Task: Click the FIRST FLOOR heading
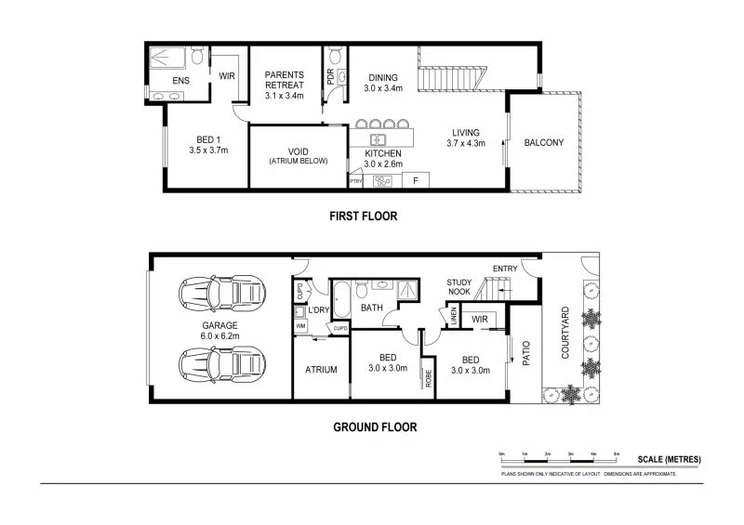[363, 217]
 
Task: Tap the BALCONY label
[544, 142]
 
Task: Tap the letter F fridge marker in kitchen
[415, 179]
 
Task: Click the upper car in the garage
[220, 295]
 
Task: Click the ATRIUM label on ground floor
[320, 370]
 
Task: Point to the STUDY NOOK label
[459, 287]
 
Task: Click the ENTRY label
[504, 269]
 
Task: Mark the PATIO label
[525, 356]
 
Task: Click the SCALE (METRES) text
[670, 460]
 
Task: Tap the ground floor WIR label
[480, 320]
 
